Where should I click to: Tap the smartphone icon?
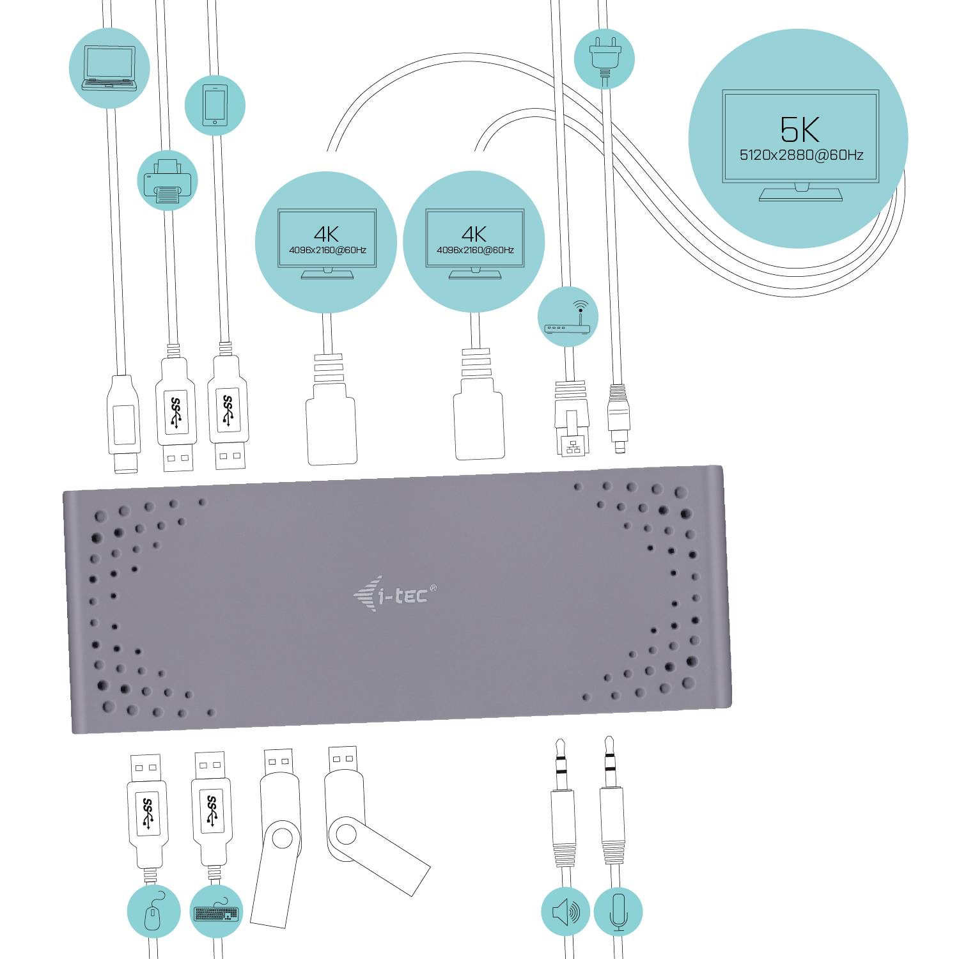[x=215, y=105]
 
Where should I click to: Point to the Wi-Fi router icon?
[x=568, y=317]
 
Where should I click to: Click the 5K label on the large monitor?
[x=800, y=130]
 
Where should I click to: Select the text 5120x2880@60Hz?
[x=801, y=155]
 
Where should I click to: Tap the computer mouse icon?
[x=153, y=911]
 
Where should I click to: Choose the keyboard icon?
[x=216, y=912]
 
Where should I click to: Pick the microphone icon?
[x=618, y=912]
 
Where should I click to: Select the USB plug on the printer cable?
[x=175, y=416]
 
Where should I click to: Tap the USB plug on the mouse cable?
[x=147, y=809]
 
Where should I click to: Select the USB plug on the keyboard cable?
[x=211, y=809]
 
